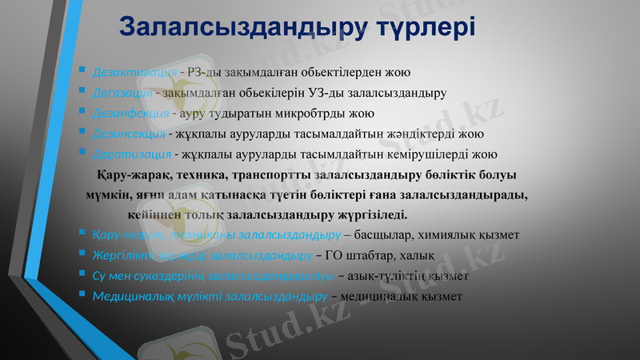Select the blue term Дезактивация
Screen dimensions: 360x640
point(134,72)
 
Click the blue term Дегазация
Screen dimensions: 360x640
point(122,92)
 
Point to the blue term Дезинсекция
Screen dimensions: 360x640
point(129,133)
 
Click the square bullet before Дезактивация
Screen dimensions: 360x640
point(83,70)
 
